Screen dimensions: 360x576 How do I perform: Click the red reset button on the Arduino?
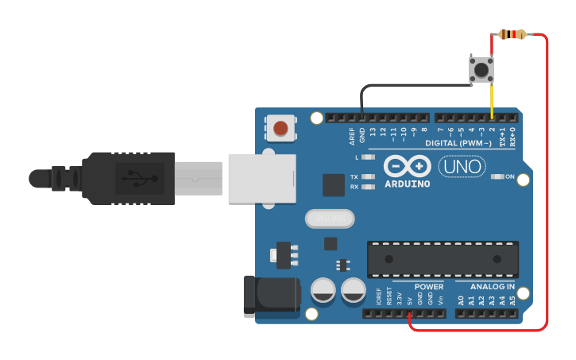tap(280, 127)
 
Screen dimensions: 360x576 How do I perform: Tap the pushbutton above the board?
tap(481, 69)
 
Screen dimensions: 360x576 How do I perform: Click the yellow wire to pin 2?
tap(492, 99)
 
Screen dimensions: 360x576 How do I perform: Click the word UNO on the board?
tap(457, 167)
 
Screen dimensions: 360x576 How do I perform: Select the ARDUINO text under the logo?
tap(407, 184)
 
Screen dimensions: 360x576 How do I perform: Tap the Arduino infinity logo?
tap(407, 166)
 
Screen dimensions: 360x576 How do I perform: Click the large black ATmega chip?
tap(442, 260)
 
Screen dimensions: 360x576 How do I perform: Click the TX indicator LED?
tap(368, 177)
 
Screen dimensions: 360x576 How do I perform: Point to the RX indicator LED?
tap(368, 187)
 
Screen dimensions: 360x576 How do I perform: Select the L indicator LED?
tap(368, 157)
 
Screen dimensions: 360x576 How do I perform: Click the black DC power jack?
tap(271, 294)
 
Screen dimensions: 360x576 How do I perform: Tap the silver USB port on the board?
tap(261, 179)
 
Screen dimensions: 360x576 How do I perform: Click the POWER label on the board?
tap(429, 287)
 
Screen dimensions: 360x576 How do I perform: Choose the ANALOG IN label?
tap(492, 287)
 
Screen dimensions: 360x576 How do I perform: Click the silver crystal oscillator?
tap(327, 218)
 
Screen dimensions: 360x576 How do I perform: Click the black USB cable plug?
tap(127, 179)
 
